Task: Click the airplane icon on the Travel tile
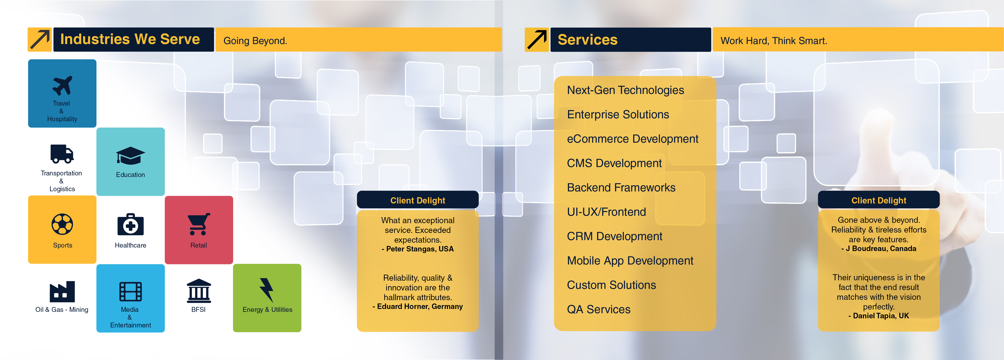(62, 86)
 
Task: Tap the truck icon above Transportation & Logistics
(62, 154)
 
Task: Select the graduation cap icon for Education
(130, 156)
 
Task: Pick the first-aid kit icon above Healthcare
(130, 224)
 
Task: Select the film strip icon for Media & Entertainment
(130, 291)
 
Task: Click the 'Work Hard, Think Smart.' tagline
(774, 41)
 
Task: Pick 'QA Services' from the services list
(599, 309)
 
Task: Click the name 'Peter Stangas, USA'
(420, 249)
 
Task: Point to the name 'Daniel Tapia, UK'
(881, 316)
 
